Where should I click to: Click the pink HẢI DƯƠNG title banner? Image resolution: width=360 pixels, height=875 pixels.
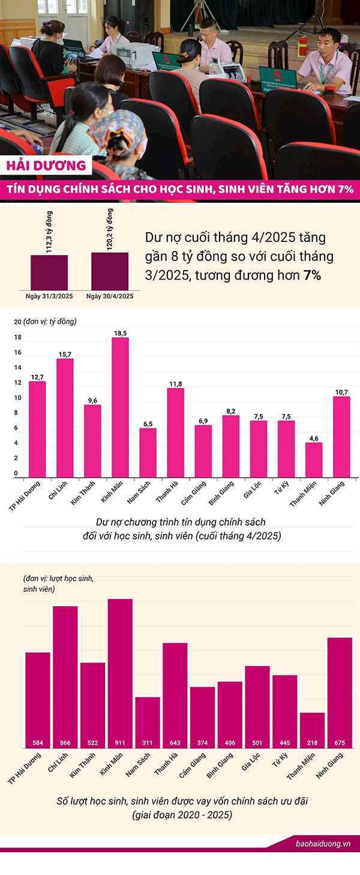pos(47,166)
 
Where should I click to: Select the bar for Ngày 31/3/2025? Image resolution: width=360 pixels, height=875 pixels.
pos(49,273)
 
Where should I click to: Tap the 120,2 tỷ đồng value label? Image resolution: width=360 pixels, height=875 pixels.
pos(109,229)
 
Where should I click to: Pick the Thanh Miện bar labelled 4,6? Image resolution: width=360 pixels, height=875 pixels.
pos(314,460)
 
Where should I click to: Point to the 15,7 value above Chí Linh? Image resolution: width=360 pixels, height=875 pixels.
pos(65,354)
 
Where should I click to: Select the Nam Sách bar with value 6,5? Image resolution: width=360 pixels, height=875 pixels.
pos(148,453)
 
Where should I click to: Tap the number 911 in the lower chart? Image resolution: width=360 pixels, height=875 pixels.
pos(120,743)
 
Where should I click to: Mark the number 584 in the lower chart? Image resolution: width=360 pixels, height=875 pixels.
pos(38,743)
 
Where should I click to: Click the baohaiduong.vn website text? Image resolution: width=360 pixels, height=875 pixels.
pos(323,843)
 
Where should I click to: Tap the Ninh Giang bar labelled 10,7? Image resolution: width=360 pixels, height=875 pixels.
pos(341,436)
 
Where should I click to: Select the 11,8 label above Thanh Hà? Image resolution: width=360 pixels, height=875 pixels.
pos(175,383)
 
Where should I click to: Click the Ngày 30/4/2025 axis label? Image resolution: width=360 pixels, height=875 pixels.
pos(110,296)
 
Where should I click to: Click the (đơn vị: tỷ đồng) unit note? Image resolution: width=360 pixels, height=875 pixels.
pos(50,322)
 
